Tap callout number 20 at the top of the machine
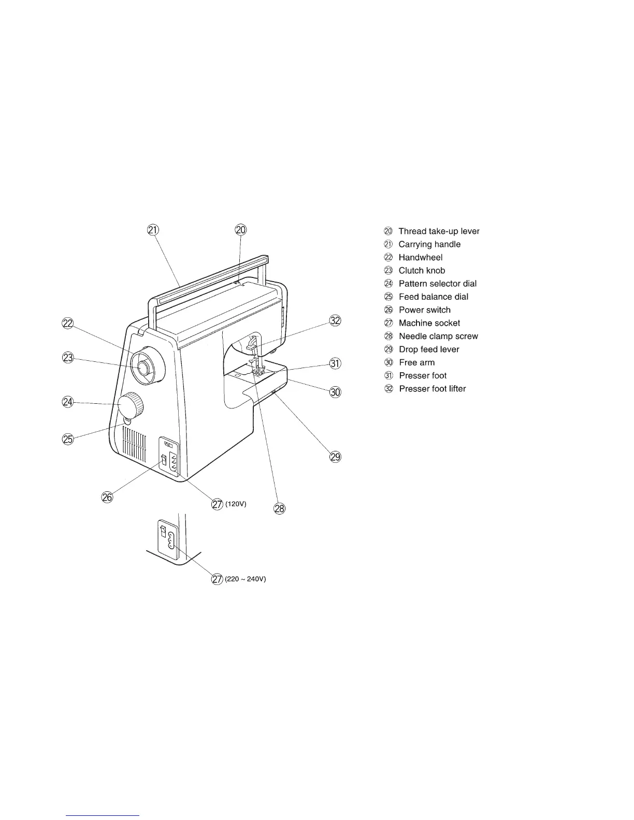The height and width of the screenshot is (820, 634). [241, 230]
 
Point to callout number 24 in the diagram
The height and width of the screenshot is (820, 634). [68, 402]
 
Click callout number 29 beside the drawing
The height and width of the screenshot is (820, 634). [336, 457]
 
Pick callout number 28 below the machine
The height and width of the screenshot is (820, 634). [280, 509]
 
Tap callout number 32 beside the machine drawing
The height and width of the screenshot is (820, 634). [336, 321]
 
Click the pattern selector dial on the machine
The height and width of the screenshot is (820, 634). [132, 405]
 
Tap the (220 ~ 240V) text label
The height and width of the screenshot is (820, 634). [245, 580]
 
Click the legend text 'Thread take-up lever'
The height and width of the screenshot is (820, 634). [439, 231]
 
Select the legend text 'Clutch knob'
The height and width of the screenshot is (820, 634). [422, 271]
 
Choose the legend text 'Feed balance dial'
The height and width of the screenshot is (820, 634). [434, 297]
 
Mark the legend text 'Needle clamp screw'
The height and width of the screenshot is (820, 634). [438, 336]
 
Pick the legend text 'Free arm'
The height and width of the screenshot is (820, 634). [417, 363]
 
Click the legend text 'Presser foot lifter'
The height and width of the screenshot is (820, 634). [433, 389]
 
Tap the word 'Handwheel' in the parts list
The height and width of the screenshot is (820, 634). [421, 258]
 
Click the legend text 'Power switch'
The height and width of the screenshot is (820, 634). [425, 310]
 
